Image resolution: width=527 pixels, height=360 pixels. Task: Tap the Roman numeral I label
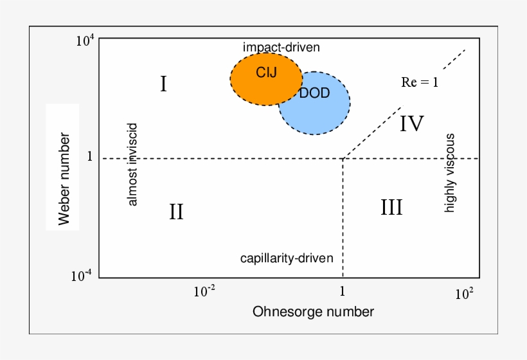(x=164, y=84)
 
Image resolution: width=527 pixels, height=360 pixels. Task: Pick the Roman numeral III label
(x=391, y=207)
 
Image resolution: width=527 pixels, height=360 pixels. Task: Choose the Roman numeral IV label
(x=411, y=123)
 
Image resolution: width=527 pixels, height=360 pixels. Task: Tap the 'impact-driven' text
(x=281, y=47)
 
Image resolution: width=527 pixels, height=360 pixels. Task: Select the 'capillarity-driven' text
(x=287, y=258)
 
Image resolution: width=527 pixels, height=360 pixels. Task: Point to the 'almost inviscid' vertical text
(x=133, y=164)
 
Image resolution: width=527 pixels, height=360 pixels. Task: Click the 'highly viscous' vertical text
(x=451, y=172)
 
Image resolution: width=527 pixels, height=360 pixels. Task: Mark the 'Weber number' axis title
(x=64, y=179)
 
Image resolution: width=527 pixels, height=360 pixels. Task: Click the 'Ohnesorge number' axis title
(x=313, y=312)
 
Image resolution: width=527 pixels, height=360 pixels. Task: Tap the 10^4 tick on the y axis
(x=85, y=42)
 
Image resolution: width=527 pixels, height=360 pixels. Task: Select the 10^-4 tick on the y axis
(x=82, y=276)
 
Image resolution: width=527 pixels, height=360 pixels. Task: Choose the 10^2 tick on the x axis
(x=463, y=294)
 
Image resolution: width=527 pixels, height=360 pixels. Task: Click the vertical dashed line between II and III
(x=343, y=219)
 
